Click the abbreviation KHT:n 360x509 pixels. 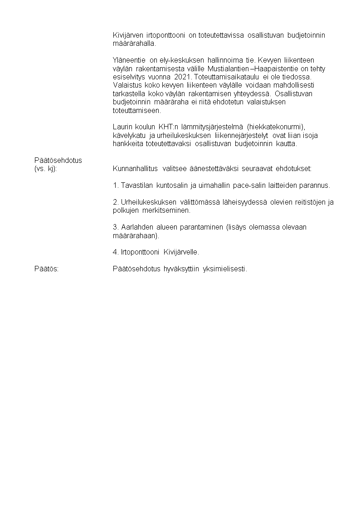point(168,126)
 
